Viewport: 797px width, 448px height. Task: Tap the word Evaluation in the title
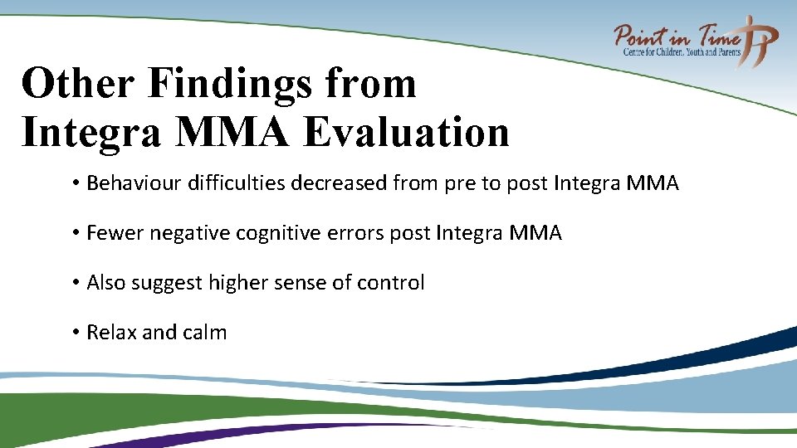pyautogui.click(x=406, y=133)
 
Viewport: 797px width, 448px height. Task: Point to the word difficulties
pyautogui.click(x=241, y=183)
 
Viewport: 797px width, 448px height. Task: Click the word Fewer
pyautogui.click(x=115, y=233)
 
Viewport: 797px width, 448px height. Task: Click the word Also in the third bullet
pyautogui.click(x=106, y=283)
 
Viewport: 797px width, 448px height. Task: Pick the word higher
pyautogui.click(x=238, y=283)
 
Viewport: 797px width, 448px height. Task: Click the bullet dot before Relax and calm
pyautogui.click(x=75, y=333)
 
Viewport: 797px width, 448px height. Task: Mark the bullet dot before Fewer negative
pyautogui.click(x=75, y=233)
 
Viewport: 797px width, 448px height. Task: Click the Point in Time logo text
pyautogui.click(x=677, y=37)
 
